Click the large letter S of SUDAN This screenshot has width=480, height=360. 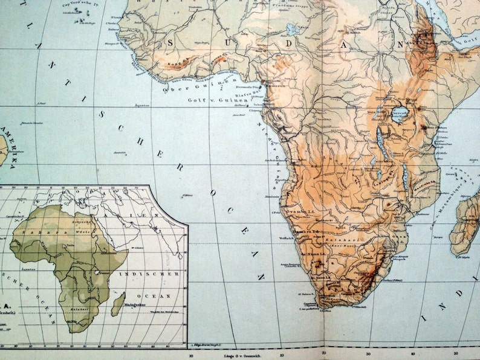click(x=170, y=43)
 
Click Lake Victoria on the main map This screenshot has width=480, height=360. click(x=398, y=115)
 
